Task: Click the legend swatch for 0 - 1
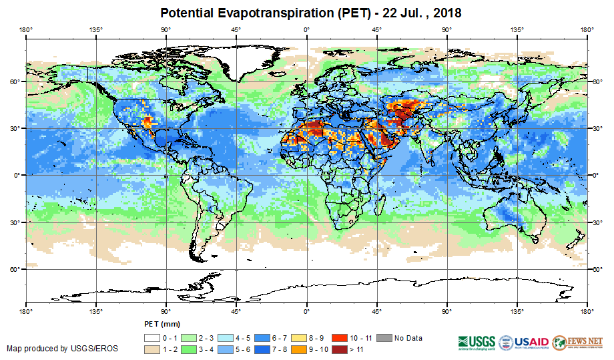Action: click(x=151, y=338)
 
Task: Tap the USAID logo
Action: click(x=523, y=341)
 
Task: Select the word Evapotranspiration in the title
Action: click(x=269, y=13)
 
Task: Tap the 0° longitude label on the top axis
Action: click(x=306, y=29)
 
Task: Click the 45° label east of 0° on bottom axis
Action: click(x=376, y=311)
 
